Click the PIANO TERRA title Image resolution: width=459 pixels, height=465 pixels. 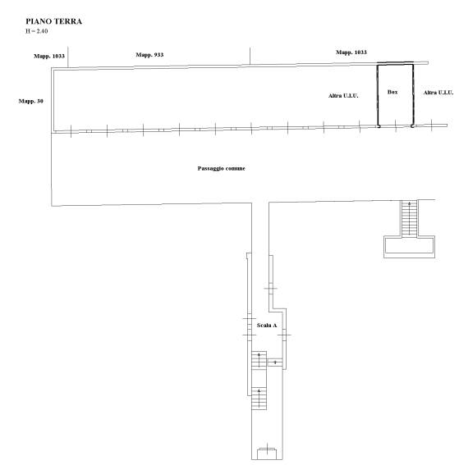(53, 21)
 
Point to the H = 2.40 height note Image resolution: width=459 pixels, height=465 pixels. (36, 31)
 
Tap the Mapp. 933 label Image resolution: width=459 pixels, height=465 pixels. (149, 55)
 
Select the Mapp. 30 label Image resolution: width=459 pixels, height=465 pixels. (31, 101)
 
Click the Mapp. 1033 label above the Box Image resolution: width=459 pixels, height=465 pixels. (351, 52)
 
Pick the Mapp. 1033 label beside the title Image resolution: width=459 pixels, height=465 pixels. (49, 56)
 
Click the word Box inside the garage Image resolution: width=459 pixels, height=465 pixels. (392, 92)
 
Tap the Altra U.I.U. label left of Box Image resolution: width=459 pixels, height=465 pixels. (343, 96)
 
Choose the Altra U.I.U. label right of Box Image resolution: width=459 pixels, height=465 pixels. (438, 93)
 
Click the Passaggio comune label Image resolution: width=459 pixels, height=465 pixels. (222, 168)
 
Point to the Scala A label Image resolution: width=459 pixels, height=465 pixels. (267, 326)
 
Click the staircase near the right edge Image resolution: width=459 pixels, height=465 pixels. (409, 219)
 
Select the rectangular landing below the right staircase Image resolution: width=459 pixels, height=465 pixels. (409, 247)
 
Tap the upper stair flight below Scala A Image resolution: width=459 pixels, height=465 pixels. (259, 360)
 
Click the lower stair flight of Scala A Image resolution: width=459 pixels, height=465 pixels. (259, 399)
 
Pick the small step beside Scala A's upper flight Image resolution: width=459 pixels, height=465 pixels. (275, 362)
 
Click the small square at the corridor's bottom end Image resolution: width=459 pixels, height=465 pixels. (267, 454)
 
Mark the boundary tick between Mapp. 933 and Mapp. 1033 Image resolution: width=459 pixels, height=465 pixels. (250, 56)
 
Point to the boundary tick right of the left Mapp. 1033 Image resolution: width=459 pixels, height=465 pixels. (68, 57)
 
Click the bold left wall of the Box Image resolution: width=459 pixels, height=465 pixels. (378, 95)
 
